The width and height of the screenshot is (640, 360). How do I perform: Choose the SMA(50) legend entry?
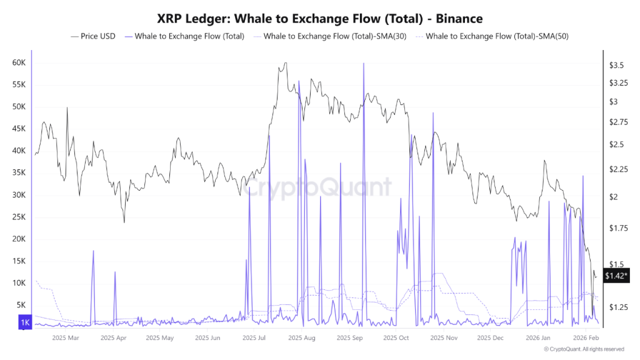coord(497,36)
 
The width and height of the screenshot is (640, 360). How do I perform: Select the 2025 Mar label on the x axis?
coord(66,337)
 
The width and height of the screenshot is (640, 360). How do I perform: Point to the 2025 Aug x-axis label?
coord(302,337)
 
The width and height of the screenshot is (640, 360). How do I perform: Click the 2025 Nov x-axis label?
coord(443,337)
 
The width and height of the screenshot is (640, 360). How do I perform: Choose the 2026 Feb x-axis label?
coord(586,337)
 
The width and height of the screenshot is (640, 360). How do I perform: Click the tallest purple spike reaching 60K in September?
coord(363,64)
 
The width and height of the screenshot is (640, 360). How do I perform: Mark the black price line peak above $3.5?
coord(285,63)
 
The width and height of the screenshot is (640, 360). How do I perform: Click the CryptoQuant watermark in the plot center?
coord(319,187)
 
